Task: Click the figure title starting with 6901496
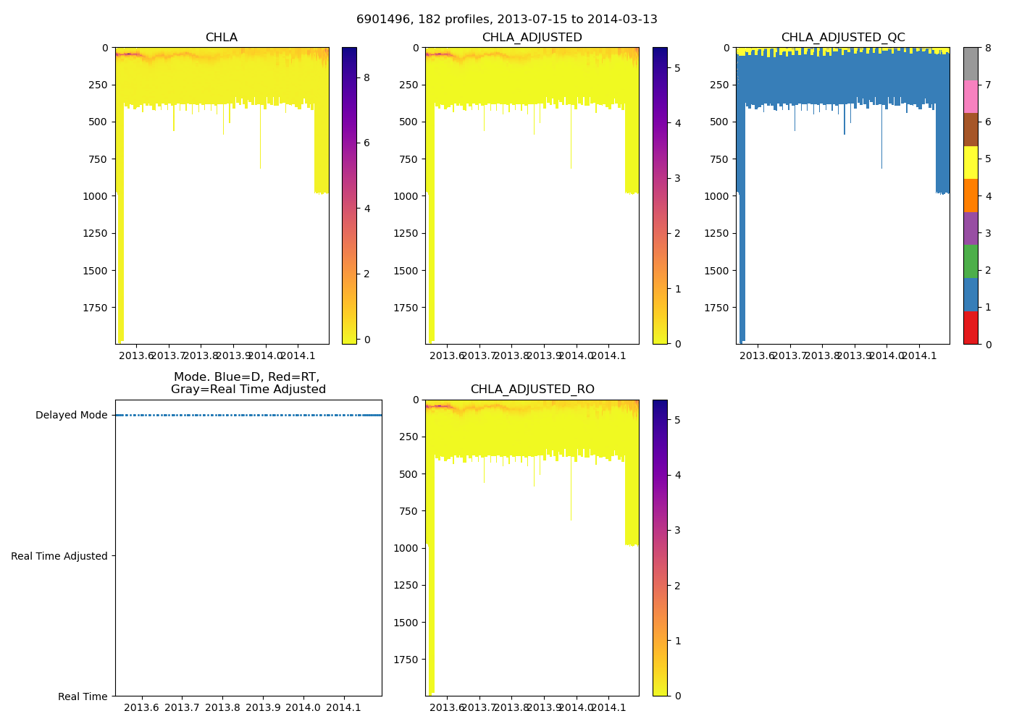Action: pyautogui.click(x=506, y=20)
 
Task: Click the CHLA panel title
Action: pyautogui.click(x=221, y=38)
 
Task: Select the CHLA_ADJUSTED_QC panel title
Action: pyautogui.click(x=842, y=38)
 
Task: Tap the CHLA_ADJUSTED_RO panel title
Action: pyautogui.click(x=532, y=390)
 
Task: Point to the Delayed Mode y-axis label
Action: pyautogui.click(x=71, y=416)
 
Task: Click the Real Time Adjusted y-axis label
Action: pyautogui.click(x=59, y=556)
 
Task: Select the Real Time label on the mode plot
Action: pyautogui.click(x=83, y=696)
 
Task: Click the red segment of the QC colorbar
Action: pyautogui.click(x=971, y=328)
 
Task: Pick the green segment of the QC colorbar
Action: pyautogui.click(x=971, y=261)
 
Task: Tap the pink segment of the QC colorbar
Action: pyautogui.click(x=971, y=97)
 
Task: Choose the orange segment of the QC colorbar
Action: pyautogui.click(x=971, y=195)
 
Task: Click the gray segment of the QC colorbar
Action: pyautogui.click(x=971, y=64)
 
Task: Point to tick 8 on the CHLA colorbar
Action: pyautogui.click(x=366, y=77)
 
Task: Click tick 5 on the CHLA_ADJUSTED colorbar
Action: pyautogui.click(x=677, y=68)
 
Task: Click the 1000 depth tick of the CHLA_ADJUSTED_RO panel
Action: pyautogui.click(x=406, y=548)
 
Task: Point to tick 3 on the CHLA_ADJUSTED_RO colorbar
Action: pyautogui.click(x=677, y=530)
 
